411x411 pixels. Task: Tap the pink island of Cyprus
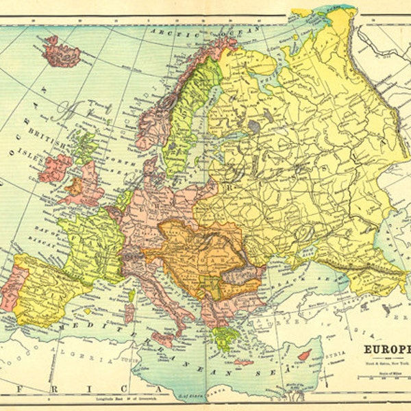click(303, 356)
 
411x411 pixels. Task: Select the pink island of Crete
click(243, 362)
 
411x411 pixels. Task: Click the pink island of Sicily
click(162, 338)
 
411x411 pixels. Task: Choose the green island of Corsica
click(131, 295)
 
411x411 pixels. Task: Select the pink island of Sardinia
click(129, 314)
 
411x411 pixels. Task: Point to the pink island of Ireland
click(55, 167)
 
